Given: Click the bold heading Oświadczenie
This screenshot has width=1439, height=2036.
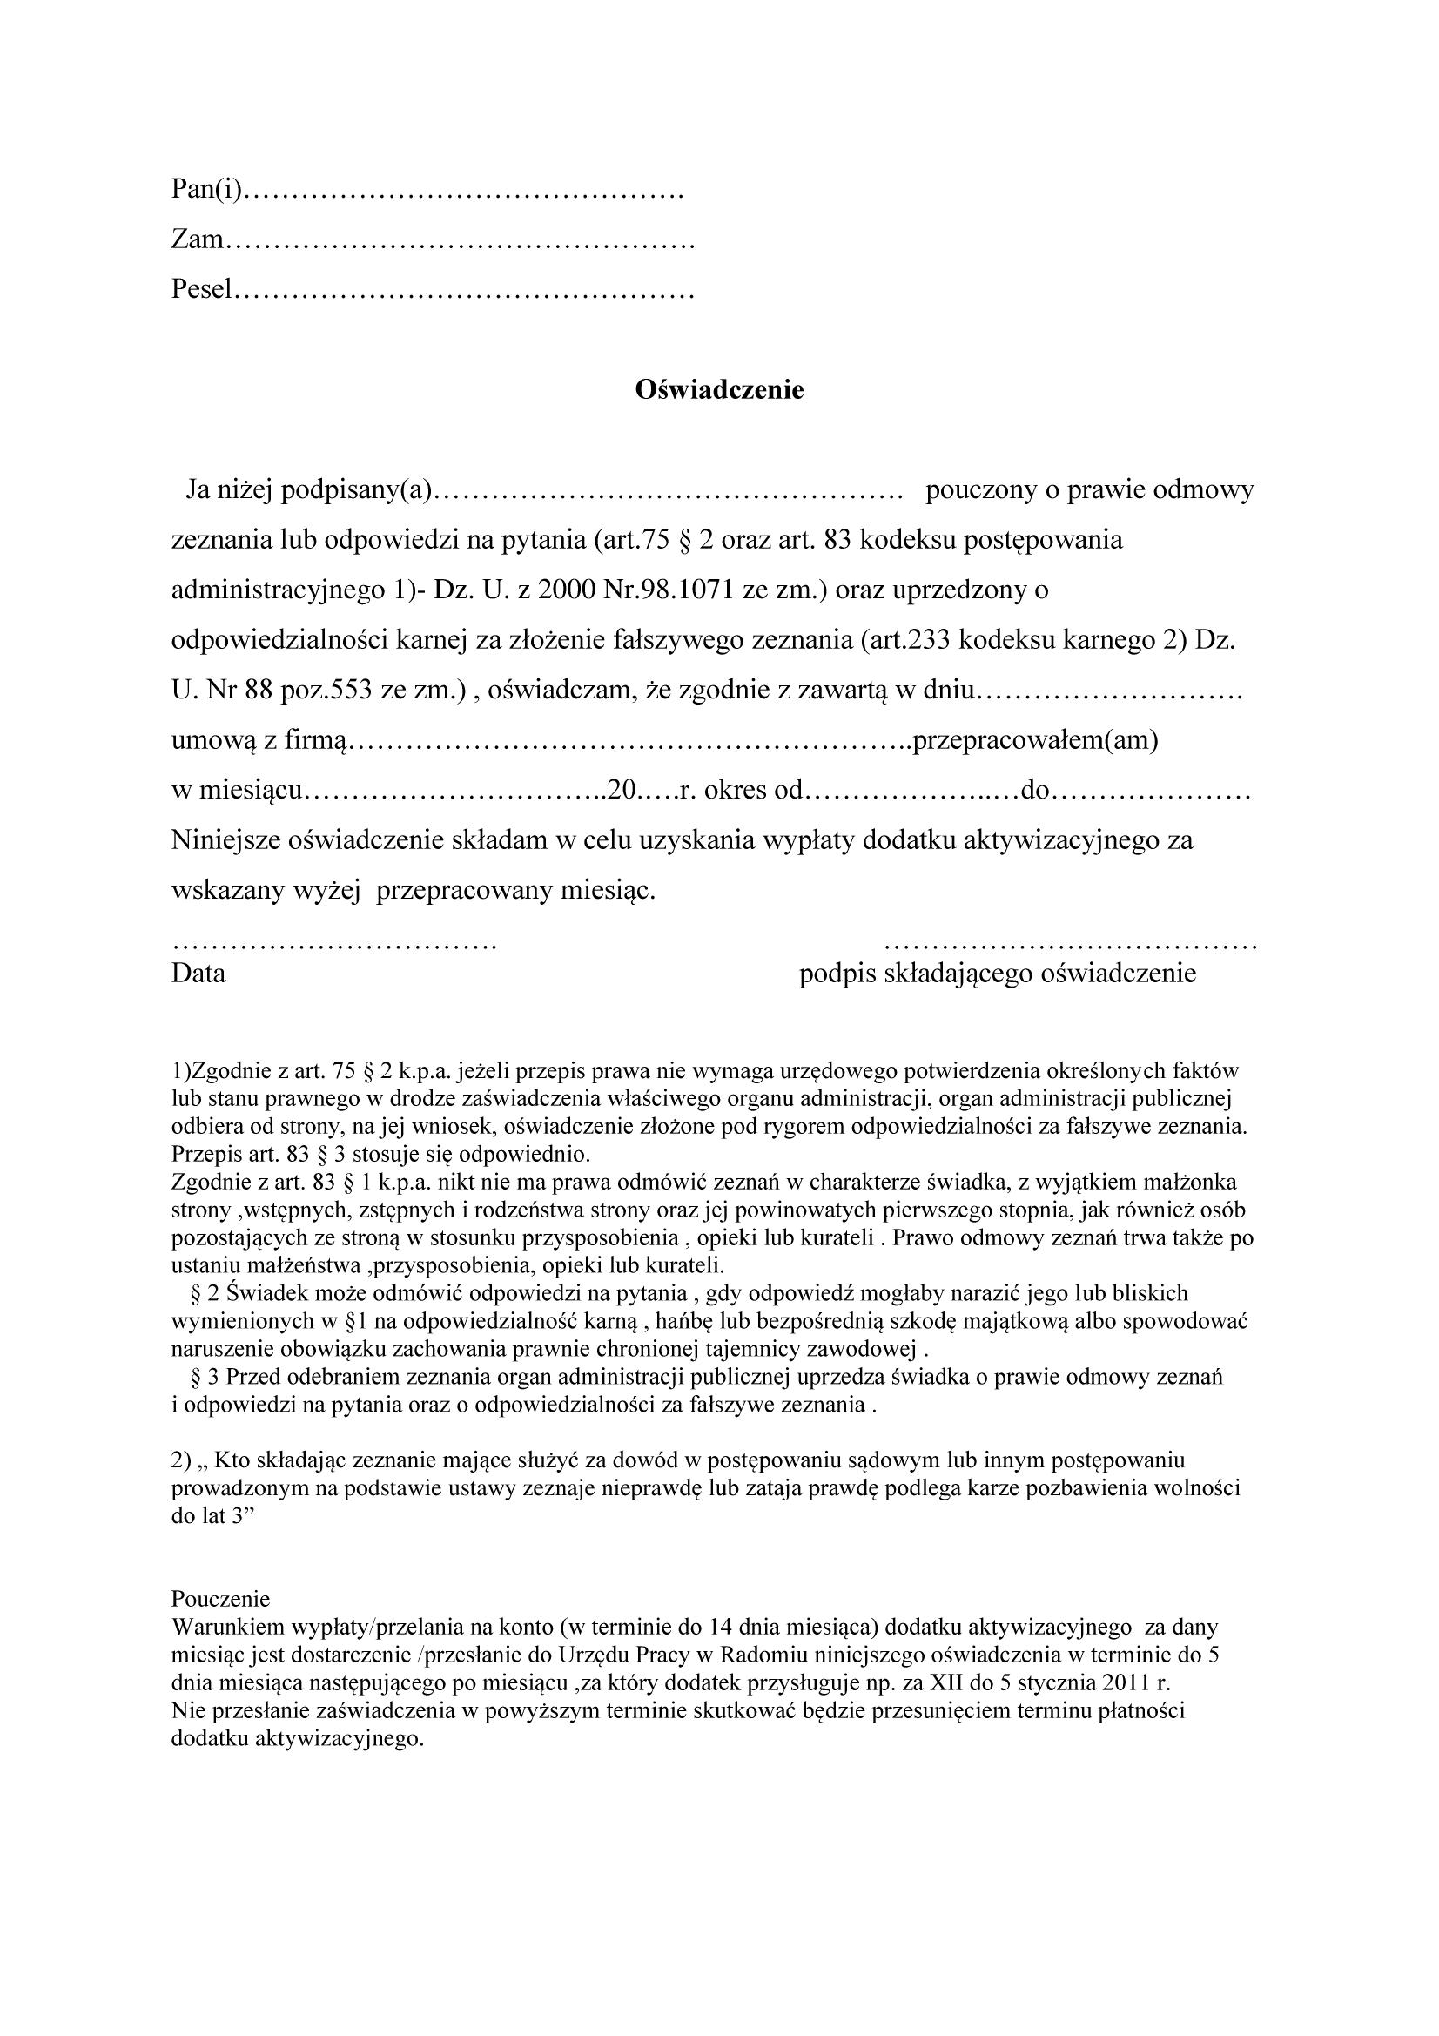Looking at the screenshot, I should pos(719,390).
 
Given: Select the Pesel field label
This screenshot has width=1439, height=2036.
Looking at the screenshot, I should pos(202,289).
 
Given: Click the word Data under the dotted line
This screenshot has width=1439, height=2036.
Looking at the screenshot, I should pos(198,974).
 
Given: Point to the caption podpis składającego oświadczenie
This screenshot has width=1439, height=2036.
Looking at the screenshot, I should pos(998,974).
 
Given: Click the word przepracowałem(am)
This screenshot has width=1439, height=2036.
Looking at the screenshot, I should pos(1036,740).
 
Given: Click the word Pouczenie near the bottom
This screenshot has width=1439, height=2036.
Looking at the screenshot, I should pos(220,1599).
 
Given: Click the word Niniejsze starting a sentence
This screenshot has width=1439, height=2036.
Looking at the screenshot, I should pos(226,839).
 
